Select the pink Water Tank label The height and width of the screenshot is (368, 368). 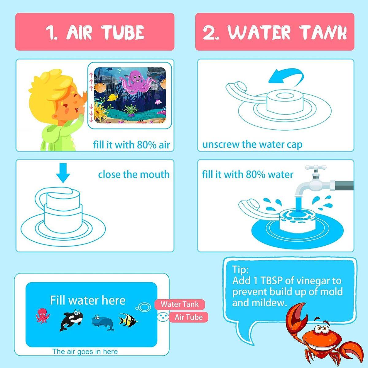click(x=179, y=304)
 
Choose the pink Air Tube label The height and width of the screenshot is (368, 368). click(x=189, y=317)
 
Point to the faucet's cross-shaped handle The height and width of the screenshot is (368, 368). click(x=316, y=168)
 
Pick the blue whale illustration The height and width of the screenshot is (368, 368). click(x=102, y=323)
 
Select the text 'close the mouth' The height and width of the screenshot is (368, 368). click(x=134, y=174)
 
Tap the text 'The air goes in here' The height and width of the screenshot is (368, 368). click(x=85, y=351)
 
